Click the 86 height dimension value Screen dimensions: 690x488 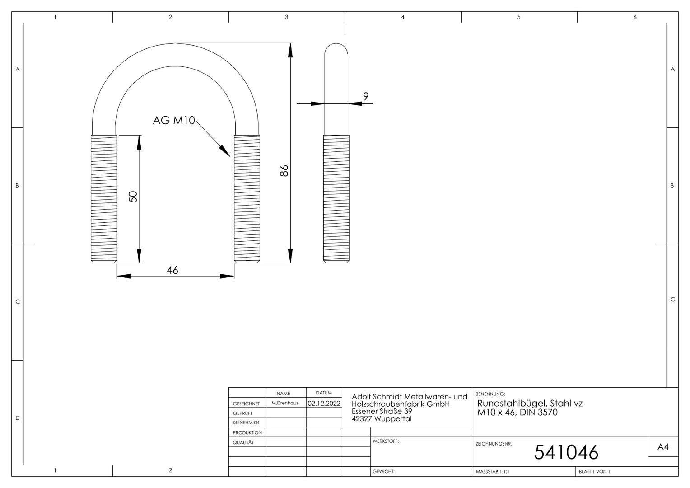click(284, 170)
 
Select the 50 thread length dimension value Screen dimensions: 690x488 click(133, 197)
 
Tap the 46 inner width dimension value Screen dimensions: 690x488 click(172, 270)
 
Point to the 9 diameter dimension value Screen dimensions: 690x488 click(366, 97)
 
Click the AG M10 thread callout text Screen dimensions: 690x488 click(174, 120)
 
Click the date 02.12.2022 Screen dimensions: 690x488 click(324, 403)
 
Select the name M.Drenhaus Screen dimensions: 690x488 click(284, 403)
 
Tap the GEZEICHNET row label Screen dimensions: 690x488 click(247, 404)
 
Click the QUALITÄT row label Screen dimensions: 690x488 click(243, 442)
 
